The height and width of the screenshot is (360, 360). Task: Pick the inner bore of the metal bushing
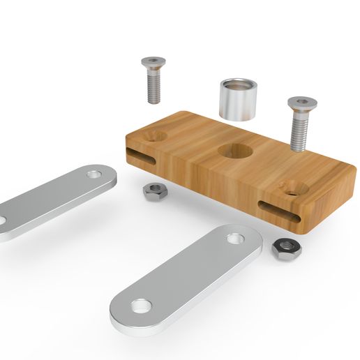[x=238, y=86]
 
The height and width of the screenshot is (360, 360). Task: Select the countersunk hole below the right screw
[x=289, y=187]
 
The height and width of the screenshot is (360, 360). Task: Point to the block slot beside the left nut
[x=142, y=156]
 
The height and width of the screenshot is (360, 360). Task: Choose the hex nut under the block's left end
[x=153, y=191]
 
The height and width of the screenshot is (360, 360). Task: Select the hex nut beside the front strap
[x=284, y=248]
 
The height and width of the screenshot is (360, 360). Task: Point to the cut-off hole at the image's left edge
[x=2, y=222]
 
